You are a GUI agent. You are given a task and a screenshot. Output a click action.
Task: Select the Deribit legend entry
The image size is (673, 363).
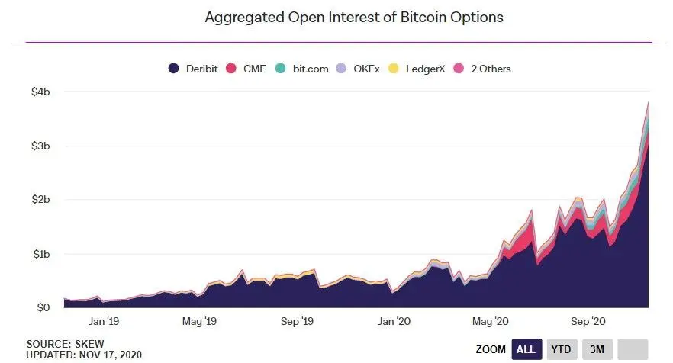click(x=194, y=69)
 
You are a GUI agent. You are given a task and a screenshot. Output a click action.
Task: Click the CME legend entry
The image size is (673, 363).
click(x=248, y=69)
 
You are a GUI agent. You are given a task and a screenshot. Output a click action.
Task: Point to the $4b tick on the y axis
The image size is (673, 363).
click(x=40, y=92)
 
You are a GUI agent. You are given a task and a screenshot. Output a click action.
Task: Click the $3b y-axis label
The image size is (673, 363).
click(x=40, y=146)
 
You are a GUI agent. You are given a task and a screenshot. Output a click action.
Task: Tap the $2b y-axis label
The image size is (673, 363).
click(x=40, y=200)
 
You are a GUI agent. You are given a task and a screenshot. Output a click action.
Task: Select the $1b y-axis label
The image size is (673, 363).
click(x=40, y=254)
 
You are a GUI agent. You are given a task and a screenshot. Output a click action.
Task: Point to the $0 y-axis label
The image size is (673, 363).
click(x=43, y=307)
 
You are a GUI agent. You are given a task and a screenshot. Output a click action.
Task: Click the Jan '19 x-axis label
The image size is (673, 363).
click(x=104, y=321)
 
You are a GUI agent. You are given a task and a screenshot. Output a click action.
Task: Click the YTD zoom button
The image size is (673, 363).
click(x=562, y=349)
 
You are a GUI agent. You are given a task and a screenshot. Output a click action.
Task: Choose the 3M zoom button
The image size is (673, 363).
click(x=597, y=349)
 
